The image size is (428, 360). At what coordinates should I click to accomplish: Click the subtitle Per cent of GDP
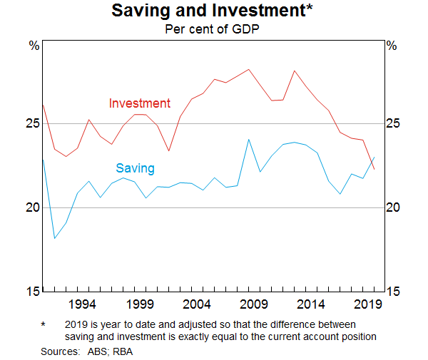tap(213, 29)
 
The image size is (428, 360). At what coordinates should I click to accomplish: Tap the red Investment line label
tap(139, 103)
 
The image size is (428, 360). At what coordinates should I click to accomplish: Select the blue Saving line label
tap(135, 168)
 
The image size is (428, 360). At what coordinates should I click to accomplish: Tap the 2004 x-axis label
tap(196, 305)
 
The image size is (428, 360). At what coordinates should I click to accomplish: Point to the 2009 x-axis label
tap(253, 305)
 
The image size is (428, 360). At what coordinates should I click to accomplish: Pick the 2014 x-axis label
tap(310, 305)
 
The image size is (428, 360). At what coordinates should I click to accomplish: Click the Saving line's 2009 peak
tap(248, 139)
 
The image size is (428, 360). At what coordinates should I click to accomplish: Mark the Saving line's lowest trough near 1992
tap(55, 238)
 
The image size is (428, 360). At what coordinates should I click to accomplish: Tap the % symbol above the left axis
tap(34, 46)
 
